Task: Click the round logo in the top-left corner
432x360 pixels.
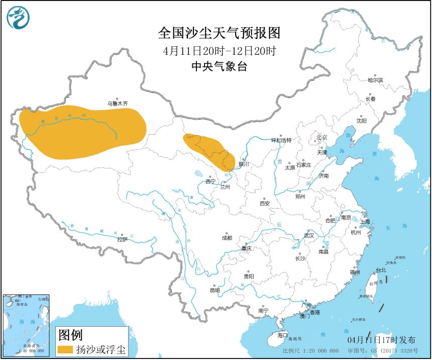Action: pyautogui.click(x=18, y=18)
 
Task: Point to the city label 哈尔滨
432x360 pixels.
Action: pyautogui.click(x=375, y=80)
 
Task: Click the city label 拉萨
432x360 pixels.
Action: pyautogui.click(x=123, y=240)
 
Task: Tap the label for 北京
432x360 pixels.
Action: pyautogui.click(x=321, y=137)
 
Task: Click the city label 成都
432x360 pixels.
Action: pyautogui.click(x=227, y=238)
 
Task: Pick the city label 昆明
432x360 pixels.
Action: pyautogui.click(x=214, y=291)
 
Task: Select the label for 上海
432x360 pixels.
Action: pyautogui.click(x=365, y=221)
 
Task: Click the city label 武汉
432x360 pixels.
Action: pyautogui.click(x=308, y=235)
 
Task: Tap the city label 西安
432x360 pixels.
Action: pyautogui.click(x=265, y=204)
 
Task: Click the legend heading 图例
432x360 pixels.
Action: pyautogui.click(x=70, y=334)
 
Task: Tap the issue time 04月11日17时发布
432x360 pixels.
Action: pyautogui.click(x=386, y=340)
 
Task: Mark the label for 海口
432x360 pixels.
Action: pyautogui.click(x=282, y=335)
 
